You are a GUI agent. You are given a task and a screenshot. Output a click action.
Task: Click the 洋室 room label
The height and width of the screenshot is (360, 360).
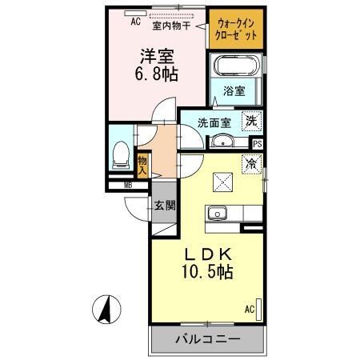[x=159, y=57]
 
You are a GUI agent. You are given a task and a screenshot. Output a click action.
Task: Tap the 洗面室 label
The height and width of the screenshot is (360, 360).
[x=214, y=122]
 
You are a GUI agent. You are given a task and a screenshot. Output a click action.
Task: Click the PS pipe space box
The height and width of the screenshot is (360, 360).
[x=257, y=144]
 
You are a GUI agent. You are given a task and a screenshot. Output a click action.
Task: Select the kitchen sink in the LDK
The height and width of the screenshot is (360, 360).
[x=218, y=214]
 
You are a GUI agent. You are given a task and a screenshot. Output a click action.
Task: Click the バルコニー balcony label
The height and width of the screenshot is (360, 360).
[x=207, y=339]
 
